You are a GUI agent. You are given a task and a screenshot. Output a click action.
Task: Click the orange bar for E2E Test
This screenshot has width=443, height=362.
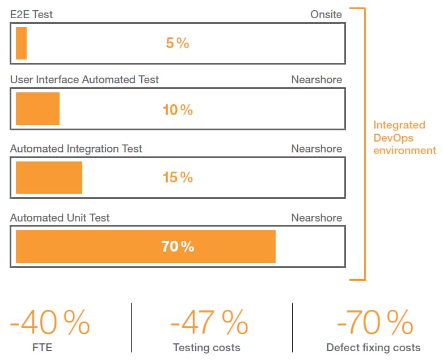(x=21, y=43)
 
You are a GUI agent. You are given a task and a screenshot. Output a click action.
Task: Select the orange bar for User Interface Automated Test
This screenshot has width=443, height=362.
(x=37, y=109)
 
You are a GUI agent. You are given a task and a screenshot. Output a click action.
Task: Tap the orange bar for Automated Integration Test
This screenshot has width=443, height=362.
(x=49, y=177)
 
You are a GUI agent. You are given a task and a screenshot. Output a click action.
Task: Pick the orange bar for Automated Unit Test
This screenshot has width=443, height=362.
(x=145, y=246)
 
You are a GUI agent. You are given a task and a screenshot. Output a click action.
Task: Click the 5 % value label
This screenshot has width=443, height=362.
(x=178, y=43)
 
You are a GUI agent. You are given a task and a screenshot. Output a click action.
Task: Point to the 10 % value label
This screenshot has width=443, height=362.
(x=178, y=110)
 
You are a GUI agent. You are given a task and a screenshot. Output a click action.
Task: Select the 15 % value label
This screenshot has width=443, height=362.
(x=178, y=177)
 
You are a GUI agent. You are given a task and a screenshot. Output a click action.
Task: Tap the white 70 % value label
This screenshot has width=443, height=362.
(x=178, y=246)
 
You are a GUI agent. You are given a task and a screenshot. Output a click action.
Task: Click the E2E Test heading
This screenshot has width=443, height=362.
(x=31, y=15)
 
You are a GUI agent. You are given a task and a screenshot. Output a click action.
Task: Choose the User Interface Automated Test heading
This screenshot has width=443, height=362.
(x=85, y=80)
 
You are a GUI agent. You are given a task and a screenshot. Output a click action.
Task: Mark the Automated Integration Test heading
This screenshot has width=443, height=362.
(x=76, y=149)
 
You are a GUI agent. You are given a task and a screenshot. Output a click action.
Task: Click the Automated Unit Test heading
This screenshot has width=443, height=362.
(x=60, y=218)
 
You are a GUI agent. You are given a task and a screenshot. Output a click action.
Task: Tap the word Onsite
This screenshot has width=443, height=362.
(x=326, y=15)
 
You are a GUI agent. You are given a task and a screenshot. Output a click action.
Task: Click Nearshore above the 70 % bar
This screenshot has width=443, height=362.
(x=317, y=218)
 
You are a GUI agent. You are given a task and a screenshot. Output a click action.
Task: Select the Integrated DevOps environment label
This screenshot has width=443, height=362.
(x=404, y=138)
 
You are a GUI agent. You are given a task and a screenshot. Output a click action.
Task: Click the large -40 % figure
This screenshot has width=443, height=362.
(x=50, y=322)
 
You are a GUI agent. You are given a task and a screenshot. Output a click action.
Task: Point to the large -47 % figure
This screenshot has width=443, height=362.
(x=209, y=322)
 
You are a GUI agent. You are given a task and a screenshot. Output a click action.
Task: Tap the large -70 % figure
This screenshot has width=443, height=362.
(x=374, y=322)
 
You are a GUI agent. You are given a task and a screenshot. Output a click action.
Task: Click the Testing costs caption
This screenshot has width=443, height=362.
(x=206, y=348)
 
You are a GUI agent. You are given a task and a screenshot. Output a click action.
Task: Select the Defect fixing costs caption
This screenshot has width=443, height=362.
(x=373, y=348)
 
